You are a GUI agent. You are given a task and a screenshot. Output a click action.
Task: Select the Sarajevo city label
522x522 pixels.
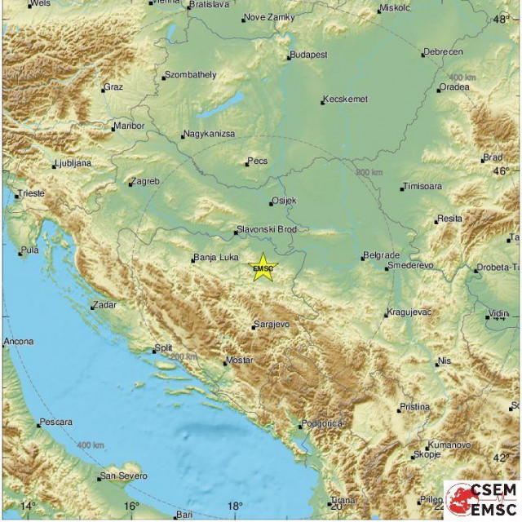(272, 324)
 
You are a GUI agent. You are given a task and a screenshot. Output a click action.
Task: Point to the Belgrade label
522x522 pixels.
(383, 255)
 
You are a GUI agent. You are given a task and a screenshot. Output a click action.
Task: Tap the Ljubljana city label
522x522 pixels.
(73, 163)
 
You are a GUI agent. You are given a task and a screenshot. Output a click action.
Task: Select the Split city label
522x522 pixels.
(163, 348)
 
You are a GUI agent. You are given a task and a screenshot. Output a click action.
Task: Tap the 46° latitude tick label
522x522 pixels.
(511, 171)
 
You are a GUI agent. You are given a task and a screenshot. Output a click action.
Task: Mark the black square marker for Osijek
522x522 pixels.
(272, 203)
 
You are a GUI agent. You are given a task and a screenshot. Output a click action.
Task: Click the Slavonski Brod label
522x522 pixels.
(266, 229)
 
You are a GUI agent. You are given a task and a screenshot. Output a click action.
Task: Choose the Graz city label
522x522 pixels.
(113, 87)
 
